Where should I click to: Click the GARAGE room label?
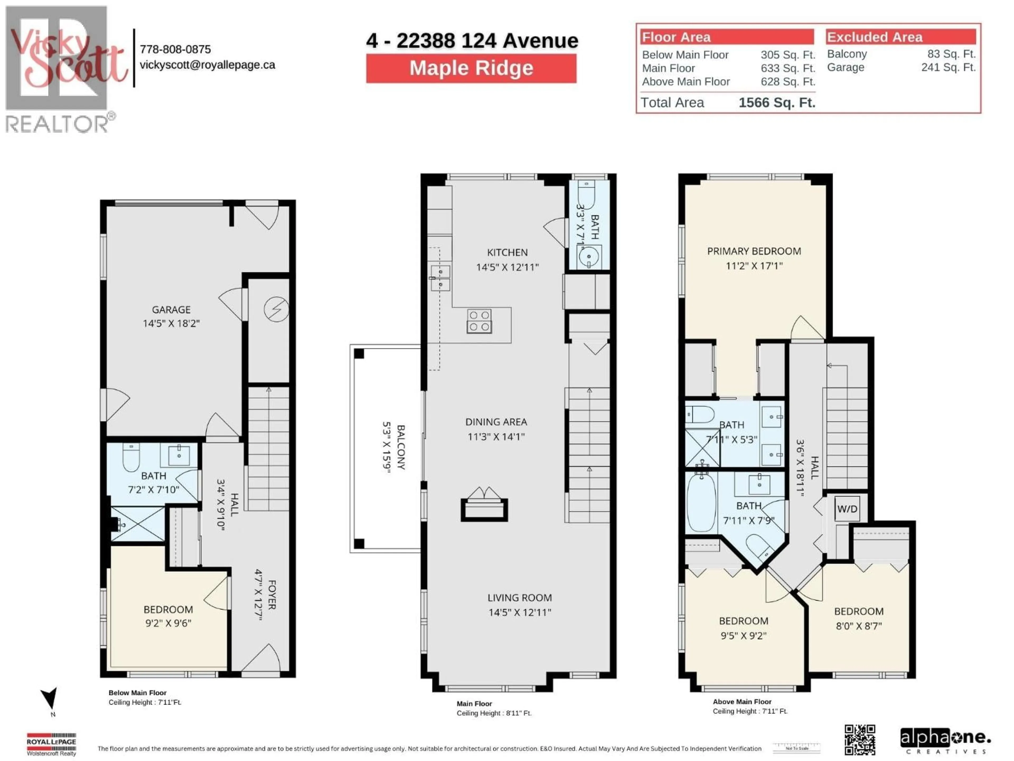coord(171,310)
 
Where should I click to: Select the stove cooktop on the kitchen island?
coord(479,321)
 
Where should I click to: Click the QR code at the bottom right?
coord(860,739)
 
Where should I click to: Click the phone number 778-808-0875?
coord(175,49)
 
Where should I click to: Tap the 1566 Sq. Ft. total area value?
coord(777,102)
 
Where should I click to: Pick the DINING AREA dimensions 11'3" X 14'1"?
coord(496,436)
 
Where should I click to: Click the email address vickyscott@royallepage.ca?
coord(207,65)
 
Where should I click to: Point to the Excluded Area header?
coord(874,37)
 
